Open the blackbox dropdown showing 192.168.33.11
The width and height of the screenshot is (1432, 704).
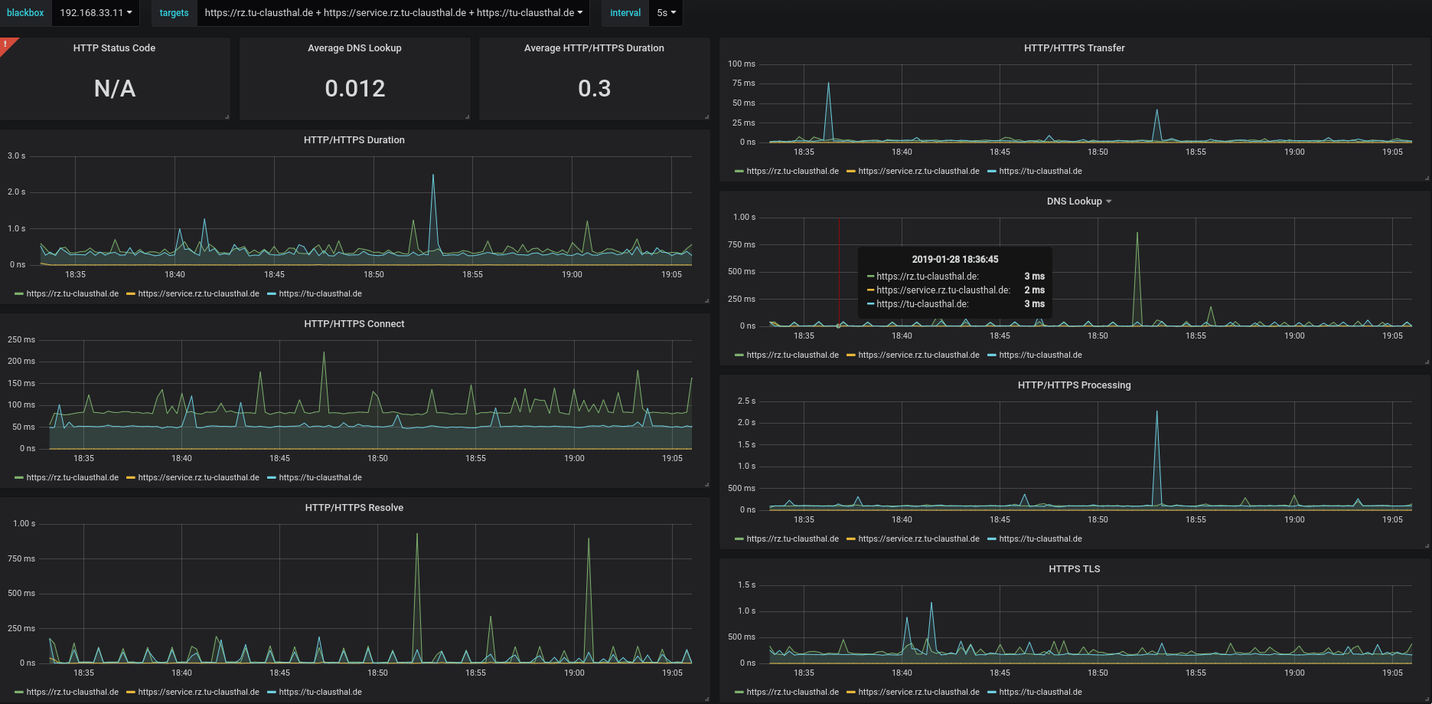click(96, 13)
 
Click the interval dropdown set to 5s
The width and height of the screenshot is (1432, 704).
click(666, 13)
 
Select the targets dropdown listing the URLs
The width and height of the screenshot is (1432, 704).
click(393, 13)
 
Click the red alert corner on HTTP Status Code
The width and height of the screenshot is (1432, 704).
click(6, 44)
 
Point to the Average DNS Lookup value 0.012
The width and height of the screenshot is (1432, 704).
click(355, 89)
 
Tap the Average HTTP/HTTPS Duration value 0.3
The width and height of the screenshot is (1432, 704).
click(595, 89)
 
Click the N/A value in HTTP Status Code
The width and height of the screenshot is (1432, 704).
click(115, 89)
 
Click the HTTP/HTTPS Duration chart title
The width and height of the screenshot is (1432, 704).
click(354, 140)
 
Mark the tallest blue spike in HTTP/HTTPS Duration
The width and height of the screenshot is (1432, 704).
click(433, 175)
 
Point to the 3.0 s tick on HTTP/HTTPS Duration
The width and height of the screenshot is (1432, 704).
click(17, 156)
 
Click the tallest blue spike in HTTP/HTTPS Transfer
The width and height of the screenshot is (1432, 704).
click(828, 83)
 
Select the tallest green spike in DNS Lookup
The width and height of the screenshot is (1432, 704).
click(1137, 234)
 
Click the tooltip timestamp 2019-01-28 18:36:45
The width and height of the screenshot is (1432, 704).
click(955, 260)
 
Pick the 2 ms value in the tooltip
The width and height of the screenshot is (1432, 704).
click(1035, 290)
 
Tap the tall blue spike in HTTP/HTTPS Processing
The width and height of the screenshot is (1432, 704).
click(1156, 413)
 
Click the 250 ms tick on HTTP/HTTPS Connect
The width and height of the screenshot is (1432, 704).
click(21, 339)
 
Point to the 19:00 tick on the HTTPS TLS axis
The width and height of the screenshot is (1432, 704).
click(1294, 673)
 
